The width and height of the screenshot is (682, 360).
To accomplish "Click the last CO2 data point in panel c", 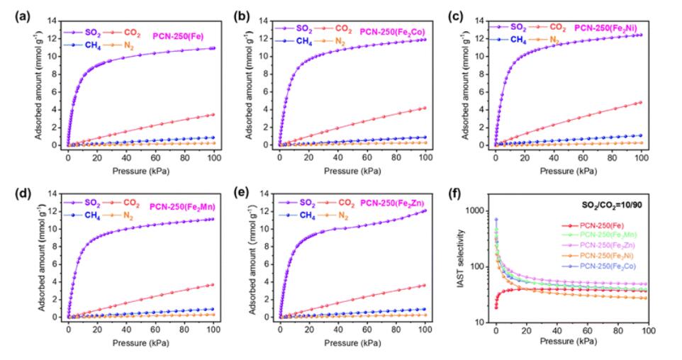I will pos(641,102).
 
